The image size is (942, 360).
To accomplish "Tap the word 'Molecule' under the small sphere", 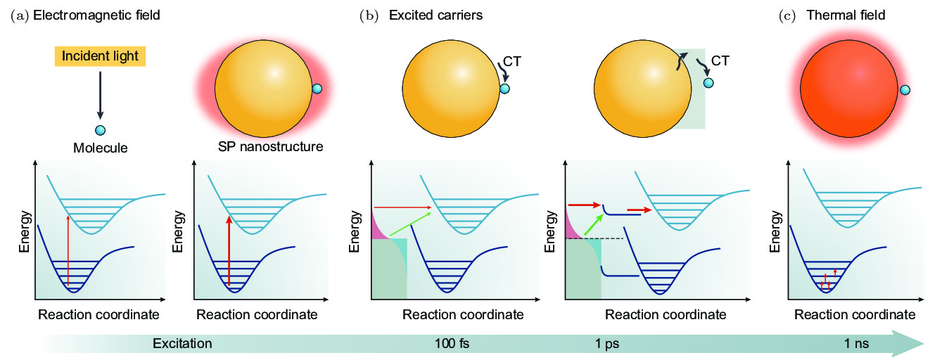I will coord(98,148).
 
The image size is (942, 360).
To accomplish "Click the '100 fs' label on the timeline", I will coord(453,344).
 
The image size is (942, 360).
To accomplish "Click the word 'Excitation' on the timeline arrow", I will coord(182,344).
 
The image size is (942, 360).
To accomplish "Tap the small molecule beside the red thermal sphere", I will coord(905,89).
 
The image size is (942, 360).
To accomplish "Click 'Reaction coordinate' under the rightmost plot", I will coord(855,314).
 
